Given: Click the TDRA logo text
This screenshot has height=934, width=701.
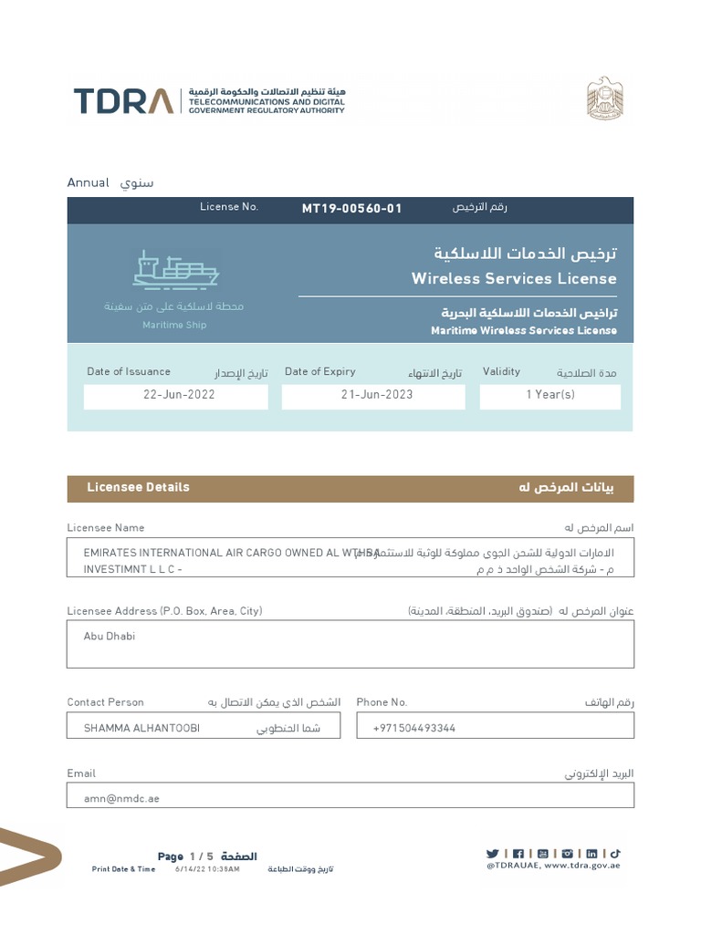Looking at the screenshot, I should point(123,100).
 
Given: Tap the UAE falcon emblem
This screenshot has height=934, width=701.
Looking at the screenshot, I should point(603,98).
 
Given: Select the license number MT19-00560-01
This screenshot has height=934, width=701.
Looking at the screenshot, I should point(351,209).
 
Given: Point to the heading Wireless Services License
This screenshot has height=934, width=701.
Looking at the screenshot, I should point(514,279).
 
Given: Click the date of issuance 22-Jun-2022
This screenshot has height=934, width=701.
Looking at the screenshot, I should point(179,395).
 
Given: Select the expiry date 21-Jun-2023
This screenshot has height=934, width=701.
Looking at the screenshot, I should point(377,395).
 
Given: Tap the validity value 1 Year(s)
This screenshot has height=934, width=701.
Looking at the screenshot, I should point(550,395).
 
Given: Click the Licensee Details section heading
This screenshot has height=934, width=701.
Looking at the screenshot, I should point(139,487).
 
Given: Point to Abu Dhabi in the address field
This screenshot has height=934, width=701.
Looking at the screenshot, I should point(110,637).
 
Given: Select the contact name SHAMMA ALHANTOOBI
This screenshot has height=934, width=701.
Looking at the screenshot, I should point(141,728).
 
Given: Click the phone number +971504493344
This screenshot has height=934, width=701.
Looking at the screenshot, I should point(414,728).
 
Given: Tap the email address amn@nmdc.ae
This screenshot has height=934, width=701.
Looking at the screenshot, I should point(121,798).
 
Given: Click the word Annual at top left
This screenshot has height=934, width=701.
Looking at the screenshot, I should point(89,183).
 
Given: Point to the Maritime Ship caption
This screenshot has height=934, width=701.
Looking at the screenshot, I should point(174,326).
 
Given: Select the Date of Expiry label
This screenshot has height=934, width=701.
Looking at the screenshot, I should point(320,372).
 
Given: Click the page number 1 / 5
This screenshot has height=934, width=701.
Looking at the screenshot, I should point(201,856).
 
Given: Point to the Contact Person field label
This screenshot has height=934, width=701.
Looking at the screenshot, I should point(105,702).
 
